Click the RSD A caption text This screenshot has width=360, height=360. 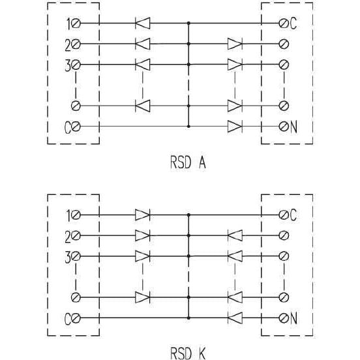[x=188, y=162]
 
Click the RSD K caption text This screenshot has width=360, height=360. [x=188, y=353]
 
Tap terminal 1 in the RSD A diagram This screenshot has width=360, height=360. [x=76, y=23]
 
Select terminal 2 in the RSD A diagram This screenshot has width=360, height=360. [x=76, y=44]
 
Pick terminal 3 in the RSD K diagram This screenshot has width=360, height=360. [x=76, y=256]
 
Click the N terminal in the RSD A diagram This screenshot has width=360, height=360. [x=284, y=127]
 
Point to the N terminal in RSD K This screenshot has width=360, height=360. [x=284, y=318]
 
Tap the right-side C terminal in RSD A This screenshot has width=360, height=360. [x=284, y=23]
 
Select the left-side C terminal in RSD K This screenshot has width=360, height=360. [x=76, y=318]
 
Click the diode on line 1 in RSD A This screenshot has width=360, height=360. [x=143, y=23]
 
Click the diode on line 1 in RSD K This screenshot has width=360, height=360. [x=143, y=215]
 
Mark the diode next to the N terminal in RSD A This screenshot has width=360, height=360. [x=235, y=127]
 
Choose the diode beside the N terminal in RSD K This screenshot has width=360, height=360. [x=235, y=318]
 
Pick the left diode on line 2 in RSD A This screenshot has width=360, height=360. [x=143, y=44]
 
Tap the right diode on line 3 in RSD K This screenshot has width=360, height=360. [x=235, y=256]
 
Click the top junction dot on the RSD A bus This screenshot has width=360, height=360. [x=188, y=23]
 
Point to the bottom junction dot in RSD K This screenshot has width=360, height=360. [x=188, y=318]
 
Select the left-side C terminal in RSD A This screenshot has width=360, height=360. [x=76, y=127]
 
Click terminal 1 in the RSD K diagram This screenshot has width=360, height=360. [x=76, y=215]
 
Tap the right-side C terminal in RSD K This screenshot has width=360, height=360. [x=284, y=215]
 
